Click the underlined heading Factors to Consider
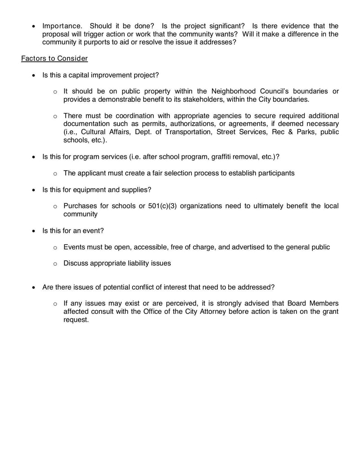click(54, 59)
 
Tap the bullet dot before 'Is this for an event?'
click(34, 231)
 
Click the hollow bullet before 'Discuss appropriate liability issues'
click(55, 264)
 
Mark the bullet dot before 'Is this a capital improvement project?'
click(34, 75)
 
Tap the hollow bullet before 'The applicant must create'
click(55, 173)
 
